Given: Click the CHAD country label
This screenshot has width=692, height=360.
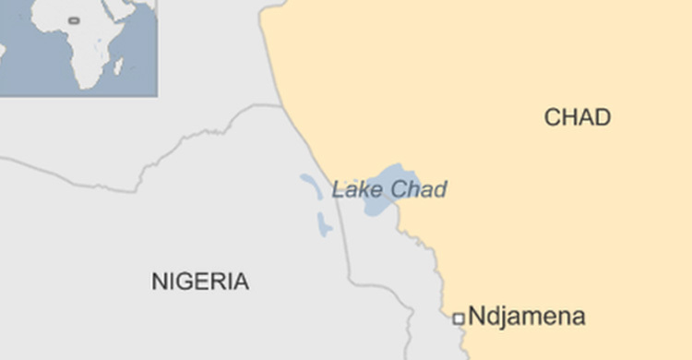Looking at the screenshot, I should pos(577,117).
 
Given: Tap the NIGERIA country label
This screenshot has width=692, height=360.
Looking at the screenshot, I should pos(200,282).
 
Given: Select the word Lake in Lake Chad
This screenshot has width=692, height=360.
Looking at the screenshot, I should pos(352,190).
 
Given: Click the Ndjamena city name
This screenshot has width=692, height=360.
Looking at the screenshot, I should pos(527,317).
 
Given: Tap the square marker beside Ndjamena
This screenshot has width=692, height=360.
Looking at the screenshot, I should pos(458,318).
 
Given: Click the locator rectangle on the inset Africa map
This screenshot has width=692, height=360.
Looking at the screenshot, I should pos(74,20).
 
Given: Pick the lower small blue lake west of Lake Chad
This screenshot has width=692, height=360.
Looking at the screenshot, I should pos(323,224).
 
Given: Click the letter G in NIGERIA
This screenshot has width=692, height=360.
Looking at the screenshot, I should pos(186,282).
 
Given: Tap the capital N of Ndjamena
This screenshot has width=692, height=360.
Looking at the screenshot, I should pos(477,317).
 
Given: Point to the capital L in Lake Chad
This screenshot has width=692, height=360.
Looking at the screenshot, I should pos(338,190).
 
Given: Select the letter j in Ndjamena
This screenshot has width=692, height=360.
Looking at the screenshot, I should pos(502,318).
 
